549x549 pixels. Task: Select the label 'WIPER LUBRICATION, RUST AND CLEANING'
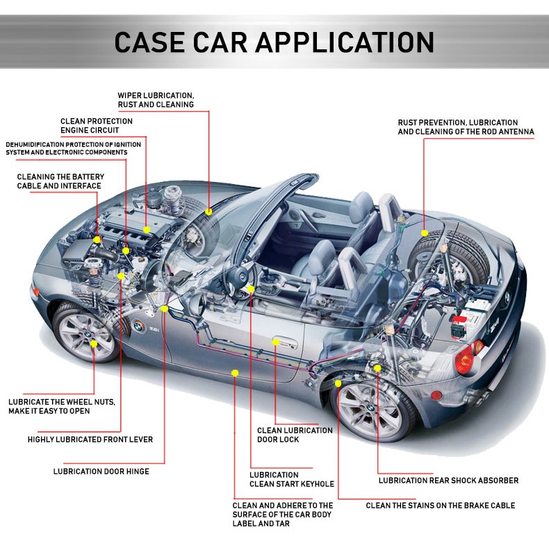[156, 99]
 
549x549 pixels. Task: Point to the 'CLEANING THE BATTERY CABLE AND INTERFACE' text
[60, 181]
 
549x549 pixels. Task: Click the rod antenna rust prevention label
[466, 126]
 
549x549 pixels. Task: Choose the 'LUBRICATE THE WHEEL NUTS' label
[62, 406]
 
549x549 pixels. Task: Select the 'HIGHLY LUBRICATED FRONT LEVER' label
[90, 439]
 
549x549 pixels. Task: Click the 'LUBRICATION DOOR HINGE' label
[101, 471]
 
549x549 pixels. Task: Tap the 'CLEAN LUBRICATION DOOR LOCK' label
[295, 435]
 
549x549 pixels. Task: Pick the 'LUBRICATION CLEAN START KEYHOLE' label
[292, 479]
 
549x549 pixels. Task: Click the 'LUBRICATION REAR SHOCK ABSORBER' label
[448, 480]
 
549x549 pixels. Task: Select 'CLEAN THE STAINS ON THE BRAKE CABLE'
[441, 505]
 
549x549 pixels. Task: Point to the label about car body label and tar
[283, 514]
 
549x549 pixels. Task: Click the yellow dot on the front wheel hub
[93, 343]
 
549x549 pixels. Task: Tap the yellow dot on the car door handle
[276, 342]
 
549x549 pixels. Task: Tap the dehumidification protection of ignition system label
[73, 148]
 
